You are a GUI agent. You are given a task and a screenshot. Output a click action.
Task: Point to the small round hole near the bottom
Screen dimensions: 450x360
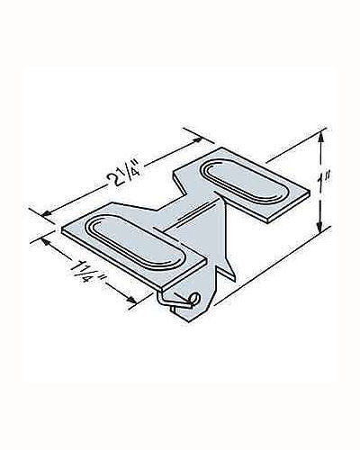(193, 300)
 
